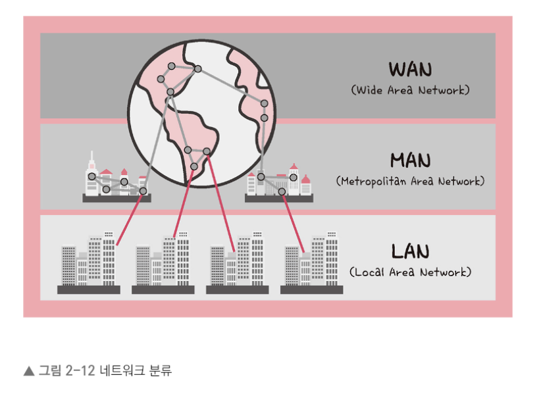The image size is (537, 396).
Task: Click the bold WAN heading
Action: pyautogui.click(x=410, y=69)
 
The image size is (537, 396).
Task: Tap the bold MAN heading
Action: pyautogui.click(x=410, y=161)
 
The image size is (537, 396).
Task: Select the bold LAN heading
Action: pyautogui.click(x=410, y=251)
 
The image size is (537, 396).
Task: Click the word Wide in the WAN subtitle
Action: pyautogui.click(x=372, y=90)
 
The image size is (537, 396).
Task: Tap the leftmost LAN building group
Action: pyautogui.click(x=88, y=263)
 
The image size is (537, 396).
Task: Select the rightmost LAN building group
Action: pyautogui.click(x=312, y=263)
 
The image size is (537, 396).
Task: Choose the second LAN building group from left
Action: pyautogui.click(x=163, y=263)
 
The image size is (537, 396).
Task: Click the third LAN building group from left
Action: pyautogui.click(x=237, y=263)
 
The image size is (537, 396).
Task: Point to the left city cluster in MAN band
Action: pyautogui.click(x=116, y=179)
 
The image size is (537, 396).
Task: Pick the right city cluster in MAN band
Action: pyautogui.click(x=279, y=182)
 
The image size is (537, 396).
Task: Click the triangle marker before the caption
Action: pyautogui.click(x=28, y=371)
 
